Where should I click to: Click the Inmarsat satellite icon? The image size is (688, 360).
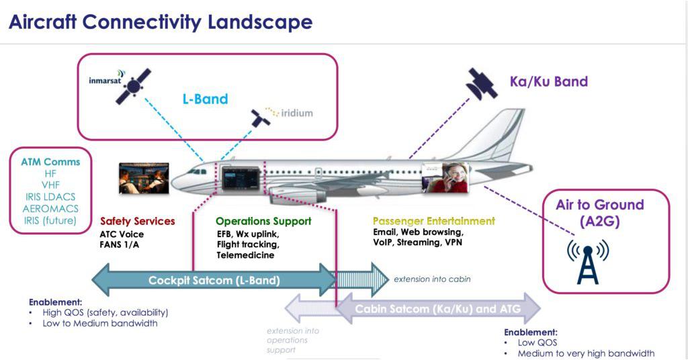(133, 85)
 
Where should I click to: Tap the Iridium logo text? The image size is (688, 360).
(294, 113)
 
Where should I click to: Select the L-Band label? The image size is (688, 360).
(206, 99)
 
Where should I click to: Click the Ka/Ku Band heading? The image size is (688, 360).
(548, 82)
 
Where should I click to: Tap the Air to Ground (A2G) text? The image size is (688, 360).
(599, 213)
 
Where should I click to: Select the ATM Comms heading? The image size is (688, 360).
(50, 162)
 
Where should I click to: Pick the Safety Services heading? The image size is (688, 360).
(137, 221)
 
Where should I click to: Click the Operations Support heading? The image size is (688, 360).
(263, 221)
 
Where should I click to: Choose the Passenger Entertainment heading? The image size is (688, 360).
(433, 221)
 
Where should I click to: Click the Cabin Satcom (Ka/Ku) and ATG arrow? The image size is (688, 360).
(437, 309)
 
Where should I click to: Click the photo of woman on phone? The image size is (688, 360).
(445, 178)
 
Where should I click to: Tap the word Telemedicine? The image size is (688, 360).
(245, 255)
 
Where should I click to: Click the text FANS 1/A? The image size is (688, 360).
(122, 244)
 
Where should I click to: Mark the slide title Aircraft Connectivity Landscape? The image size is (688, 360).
(160, 21)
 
